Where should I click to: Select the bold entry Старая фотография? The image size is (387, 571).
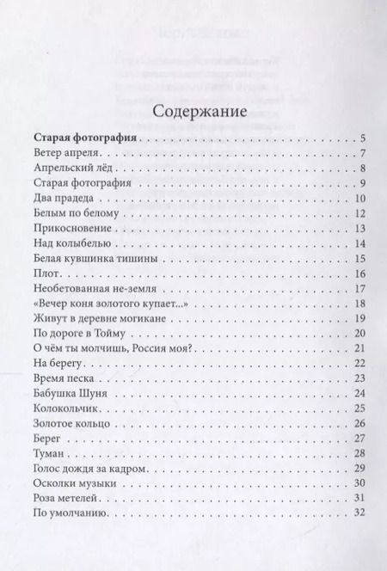[85, 138]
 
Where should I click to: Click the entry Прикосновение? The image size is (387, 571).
[69, 229]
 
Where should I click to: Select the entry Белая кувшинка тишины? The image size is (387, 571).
[89, 259]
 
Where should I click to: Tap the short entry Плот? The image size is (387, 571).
[45, 273]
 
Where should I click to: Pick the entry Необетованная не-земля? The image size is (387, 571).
[92, 289]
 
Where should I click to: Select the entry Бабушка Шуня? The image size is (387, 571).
[71, 394]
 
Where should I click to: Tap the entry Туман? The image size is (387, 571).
[48, 454]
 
